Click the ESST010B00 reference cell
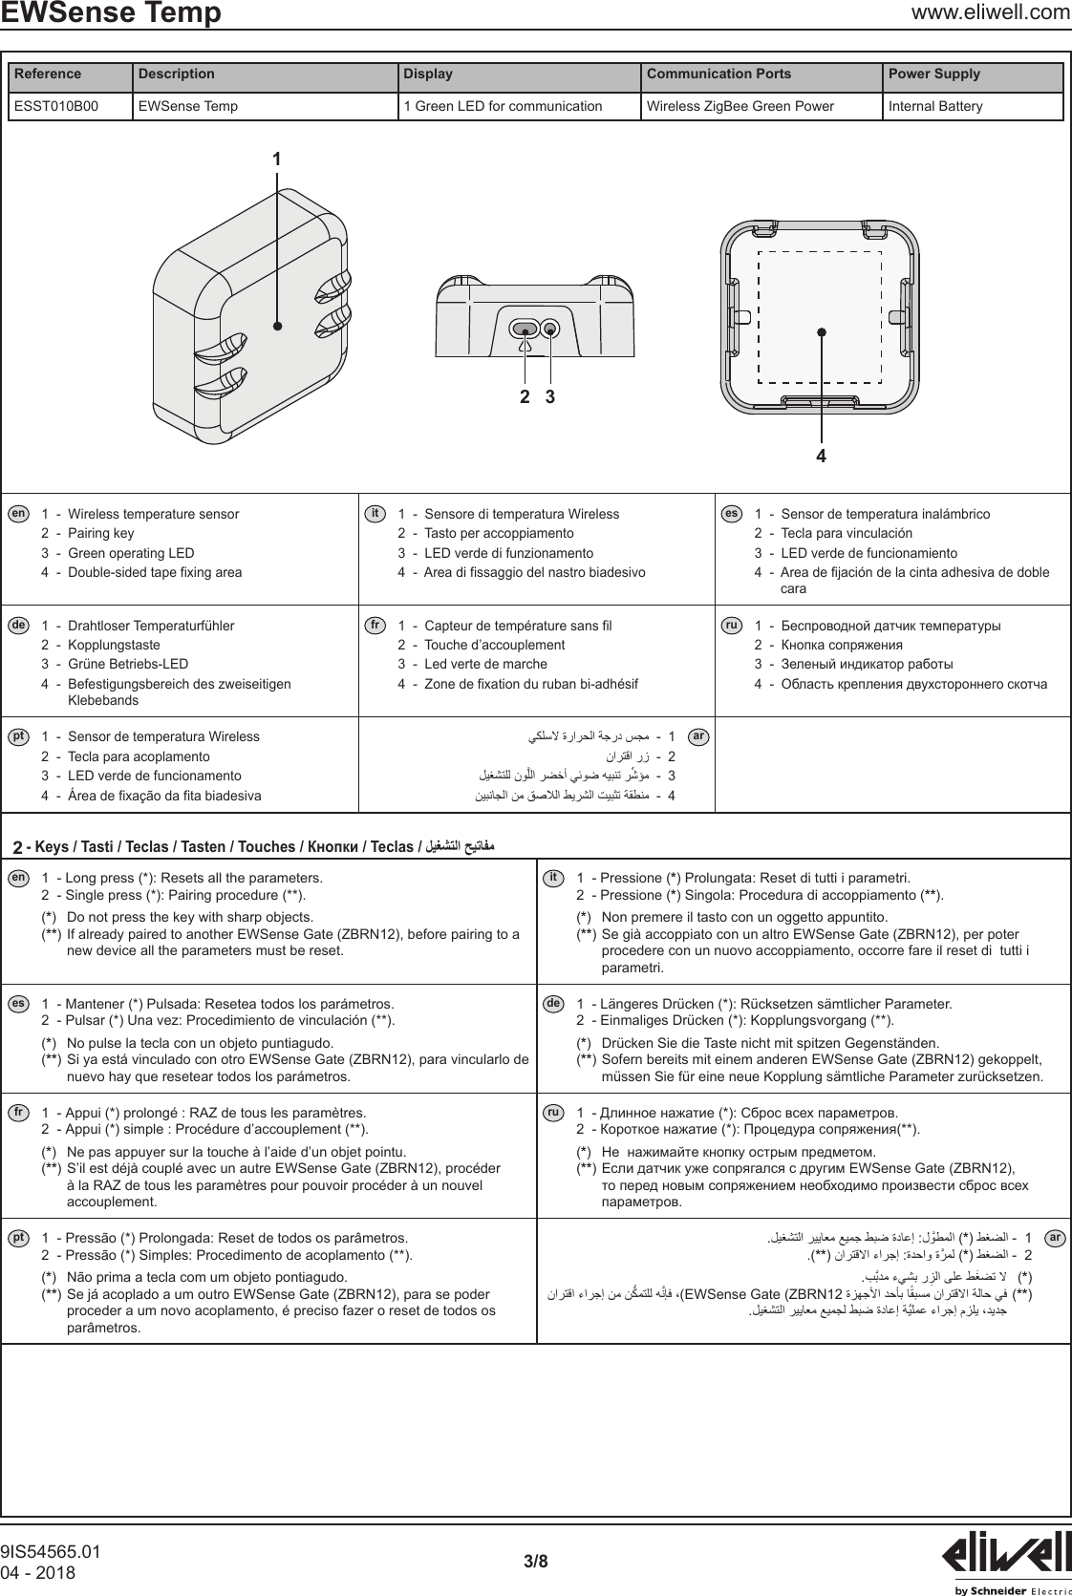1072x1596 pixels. (55, 106)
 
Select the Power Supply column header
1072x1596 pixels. (934, 74)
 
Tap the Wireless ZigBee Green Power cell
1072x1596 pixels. (740, 106)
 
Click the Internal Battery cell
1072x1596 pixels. (934, 106)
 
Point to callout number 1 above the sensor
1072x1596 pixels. (277, 160)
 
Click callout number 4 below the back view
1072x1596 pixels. (821, 457)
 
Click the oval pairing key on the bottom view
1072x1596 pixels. (524, 330)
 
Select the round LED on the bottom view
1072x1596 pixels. (550, 330)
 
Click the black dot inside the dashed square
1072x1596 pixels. (821, 331)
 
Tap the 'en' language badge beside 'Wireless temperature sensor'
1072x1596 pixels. (17, 514)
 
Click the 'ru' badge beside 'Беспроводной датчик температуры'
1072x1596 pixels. (731, 626)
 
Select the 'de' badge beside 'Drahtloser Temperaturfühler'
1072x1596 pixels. (17, 626)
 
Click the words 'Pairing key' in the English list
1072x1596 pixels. (101, 533)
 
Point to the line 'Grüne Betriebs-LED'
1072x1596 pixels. (128, 664)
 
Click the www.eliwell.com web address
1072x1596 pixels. (991, 12)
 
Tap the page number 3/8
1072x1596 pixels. (536, 1562)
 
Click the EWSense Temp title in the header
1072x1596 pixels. (111, 13)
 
